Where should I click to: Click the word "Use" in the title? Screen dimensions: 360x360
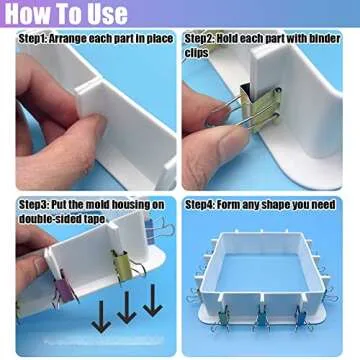[x=107, y=14]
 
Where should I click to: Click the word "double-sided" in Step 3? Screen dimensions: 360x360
[x=49, y=218]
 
